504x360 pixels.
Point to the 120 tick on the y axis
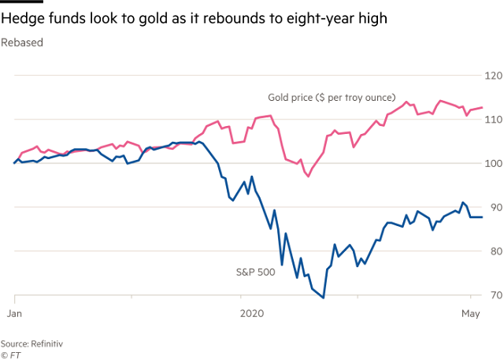tap(493, 76)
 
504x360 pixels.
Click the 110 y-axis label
tap(493, 120)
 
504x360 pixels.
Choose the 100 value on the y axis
tap(493, 163)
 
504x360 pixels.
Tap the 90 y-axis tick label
tap(495, 207)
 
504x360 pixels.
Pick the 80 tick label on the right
tap(495, 251)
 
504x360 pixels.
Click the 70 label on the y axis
tap(495, 295)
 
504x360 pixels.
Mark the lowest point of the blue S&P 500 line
tap(324, 298)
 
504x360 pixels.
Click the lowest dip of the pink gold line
tap(308, 176)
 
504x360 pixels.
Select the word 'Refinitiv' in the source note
tap(48, 343)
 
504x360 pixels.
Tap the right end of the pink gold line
tap(482, 107)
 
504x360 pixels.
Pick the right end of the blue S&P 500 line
tap(482, 217)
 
